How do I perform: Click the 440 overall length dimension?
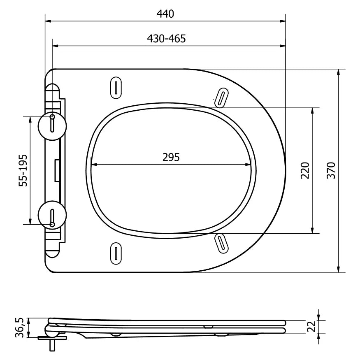pyautogui.click(x=165, y=14)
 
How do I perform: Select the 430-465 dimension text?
pyautogui.click(x=166, y=39)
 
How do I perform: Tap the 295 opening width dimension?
pyautogui.click(x=171, y=157)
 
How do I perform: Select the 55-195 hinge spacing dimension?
pyautogui.click(x=24, y=170)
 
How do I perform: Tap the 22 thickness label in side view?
pyautogui.click(x=312, y=327)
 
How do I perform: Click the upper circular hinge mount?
pyautogui.click(x=52, y=126)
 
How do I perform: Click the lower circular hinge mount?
pyautogui.click(x=52, y=215)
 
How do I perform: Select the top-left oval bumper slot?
pyautogui.click(x=116, y=88)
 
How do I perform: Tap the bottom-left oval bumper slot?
pyautogui.click(x=116, y=252)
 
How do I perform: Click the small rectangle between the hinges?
pyautogui.click(x=57, y=170)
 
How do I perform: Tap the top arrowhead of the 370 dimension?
pyautogui.click(x=338, y=72)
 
